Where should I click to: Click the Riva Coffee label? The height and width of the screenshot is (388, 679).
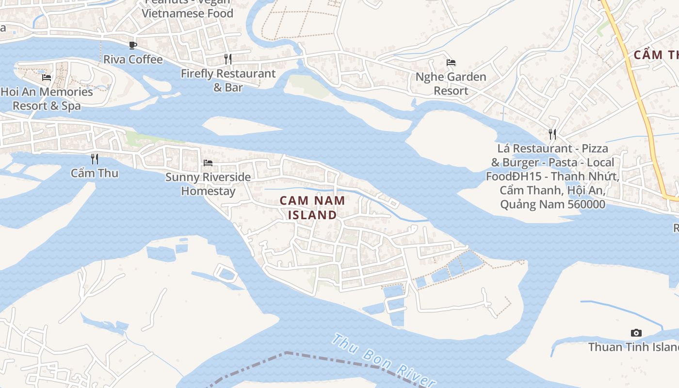tap(133, 60)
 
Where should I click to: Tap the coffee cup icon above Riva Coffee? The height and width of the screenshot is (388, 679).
tap(133, 46)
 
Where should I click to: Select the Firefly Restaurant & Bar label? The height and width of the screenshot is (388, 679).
tap(228, 81)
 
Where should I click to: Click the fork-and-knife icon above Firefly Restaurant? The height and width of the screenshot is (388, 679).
tap(228, 59)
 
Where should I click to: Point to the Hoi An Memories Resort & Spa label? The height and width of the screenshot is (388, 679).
tap(47, 98)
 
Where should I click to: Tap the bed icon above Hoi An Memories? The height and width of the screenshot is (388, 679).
tap(47, 77)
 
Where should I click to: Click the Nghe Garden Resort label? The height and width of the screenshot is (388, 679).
tap(451, 83)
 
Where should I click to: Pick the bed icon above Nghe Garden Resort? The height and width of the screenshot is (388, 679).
tap(451, 62)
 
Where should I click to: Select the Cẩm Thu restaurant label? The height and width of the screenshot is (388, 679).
tap(95, 173)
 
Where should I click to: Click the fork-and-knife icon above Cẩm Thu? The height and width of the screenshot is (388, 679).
tap(95, 159)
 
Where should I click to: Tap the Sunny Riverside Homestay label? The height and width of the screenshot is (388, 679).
tap(208, 184)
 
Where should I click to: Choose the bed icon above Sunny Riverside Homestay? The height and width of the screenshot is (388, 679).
tap(208, 162)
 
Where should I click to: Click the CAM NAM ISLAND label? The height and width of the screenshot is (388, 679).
tap(312, 208)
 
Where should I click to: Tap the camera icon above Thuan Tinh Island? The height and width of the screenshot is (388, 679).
tap(636, 333)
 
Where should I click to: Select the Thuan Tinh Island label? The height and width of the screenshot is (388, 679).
tap(633, 347)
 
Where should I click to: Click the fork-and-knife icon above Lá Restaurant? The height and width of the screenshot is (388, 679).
tap(552, 134)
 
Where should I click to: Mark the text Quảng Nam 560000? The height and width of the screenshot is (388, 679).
tap(552, 204)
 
